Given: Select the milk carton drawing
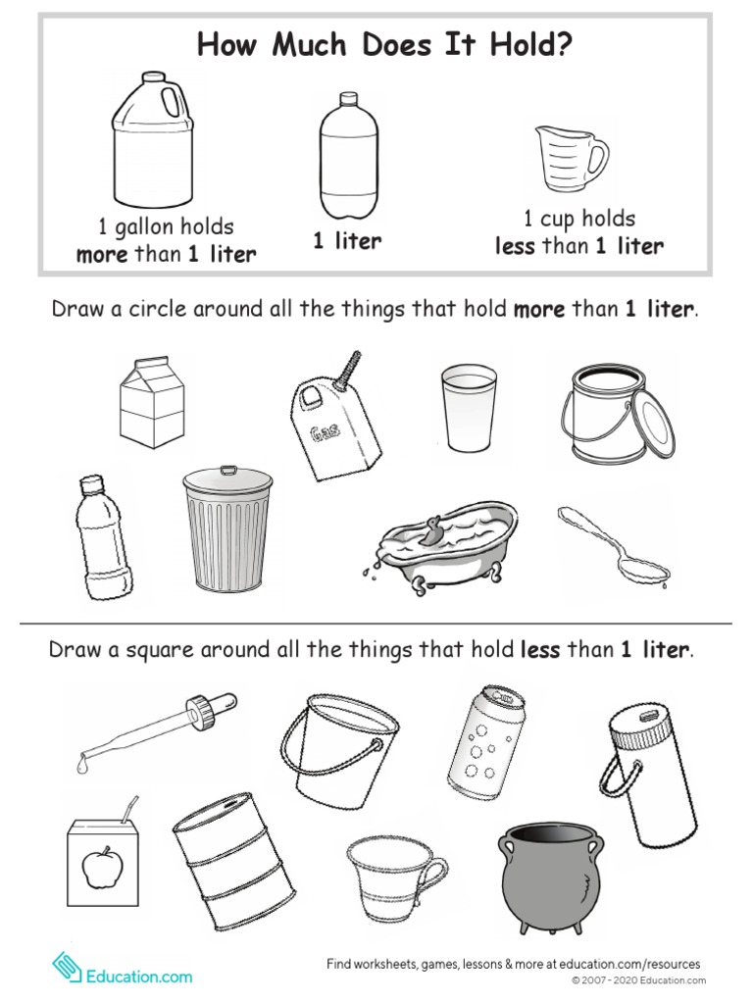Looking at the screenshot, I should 151,402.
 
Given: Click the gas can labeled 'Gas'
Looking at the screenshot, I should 333,427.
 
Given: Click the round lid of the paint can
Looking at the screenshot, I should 653,424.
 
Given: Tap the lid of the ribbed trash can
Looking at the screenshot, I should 227,479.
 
